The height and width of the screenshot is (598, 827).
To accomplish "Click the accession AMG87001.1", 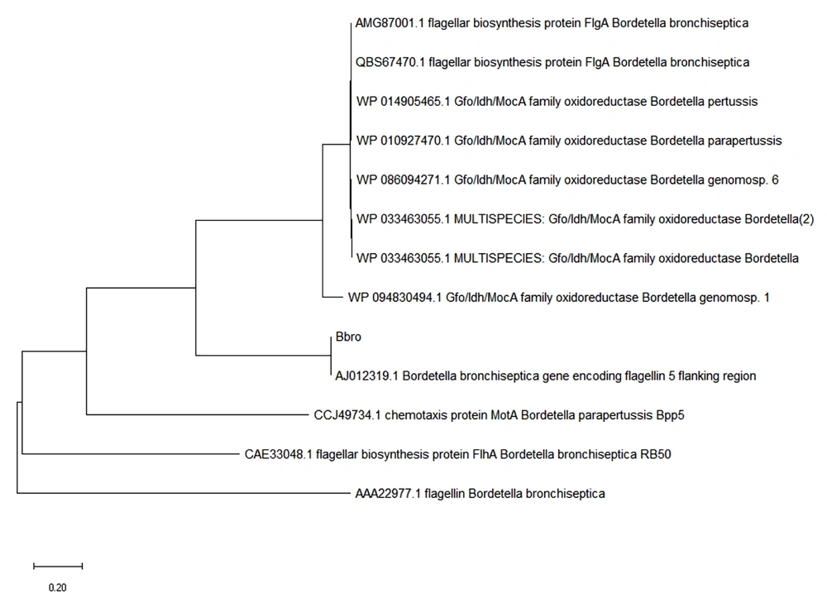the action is click(390, 23).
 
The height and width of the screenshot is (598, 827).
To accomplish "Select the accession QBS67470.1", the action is click(390, 62).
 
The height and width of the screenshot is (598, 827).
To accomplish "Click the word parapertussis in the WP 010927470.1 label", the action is click(745, 141).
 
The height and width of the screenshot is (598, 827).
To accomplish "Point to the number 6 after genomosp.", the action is click(775, 179).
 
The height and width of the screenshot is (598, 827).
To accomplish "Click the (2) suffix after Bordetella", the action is click(806, 219).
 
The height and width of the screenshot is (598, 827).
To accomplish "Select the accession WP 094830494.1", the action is click(394, 298).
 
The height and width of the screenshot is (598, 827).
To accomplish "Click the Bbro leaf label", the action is click(348, 337).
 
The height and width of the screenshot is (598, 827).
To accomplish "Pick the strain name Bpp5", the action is click(671, 415).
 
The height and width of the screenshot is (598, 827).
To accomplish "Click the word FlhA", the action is click(485, 454).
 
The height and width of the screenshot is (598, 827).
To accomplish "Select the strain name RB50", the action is click(656, 454).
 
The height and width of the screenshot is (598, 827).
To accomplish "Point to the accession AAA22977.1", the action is click(388, 494).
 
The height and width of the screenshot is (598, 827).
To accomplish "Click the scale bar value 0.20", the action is click(58, 587).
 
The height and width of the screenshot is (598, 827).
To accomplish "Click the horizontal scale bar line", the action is click(58, 567).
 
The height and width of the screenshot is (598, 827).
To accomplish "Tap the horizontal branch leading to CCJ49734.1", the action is click(197, 414).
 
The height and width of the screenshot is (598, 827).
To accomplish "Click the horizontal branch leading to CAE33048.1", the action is click(131, 453).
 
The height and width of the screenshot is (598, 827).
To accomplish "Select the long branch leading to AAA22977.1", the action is click(184, 493).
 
